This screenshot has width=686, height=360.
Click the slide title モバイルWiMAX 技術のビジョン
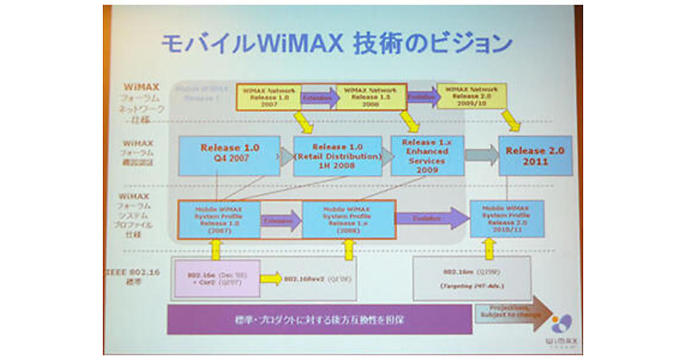click(336, 44)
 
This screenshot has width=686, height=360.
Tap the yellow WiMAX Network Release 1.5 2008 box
click(370, 97)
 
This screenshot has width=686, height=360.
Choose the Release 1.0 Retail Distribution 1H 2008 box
click(337, 156)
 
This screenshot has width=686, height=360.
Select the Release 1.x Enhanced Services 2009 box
click(427, 155)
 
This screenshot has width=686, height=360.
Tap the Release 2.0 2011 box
click(535, 155)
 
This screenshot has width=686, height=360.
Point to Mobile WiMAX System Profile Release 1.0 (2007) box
click(219, 219)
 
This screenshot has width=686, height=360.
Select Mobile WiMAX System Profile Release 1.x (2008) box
click(349, 219)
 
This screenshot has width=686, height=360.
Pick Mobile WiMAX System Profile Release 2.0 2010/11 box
click(506, 219)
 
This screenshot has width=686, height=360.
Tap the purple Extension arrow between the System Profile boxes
click(281, 220)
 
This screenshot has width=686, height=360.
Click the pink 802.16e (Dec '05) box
click(216, 278)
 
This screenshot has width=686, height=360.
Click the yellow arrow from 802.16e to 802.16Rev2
click(271, 278)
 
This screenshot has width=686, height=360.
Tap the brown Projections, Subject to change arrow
click(512, 314)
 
